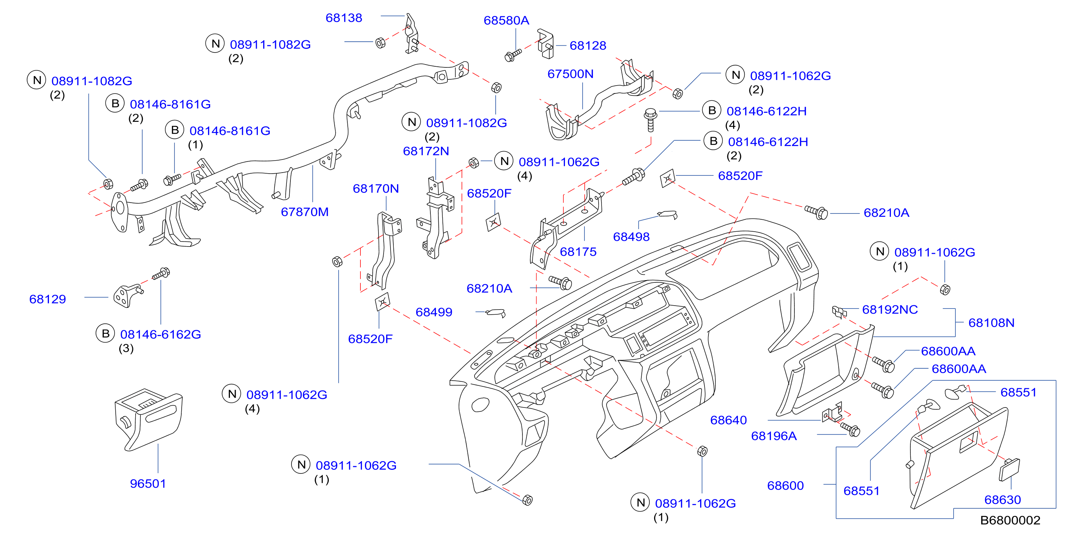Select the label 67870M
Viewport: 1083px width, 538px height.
click(x=305, y=212)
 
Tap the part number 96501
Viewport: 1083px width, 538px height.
click(x=148, y=483)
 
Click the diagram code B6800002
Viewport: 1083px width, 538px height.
click(x=1010, y=520)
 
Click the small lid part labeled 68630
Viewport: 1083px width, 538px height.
click(x=1009, y=469)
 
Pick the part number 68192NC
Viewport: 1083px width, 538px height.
click(x=890, y=310)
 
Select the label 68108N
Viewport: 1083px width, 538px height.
click(x=991, y=323)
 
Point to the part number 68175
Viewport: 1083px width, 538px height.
click(x=578, y=252)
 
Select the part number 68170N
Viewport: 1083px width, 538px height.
click(x=375, y=189)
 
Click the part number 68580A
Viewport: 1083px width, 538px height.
click(x=506, y=21)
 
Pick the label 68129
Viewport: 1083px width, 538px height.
click(x=47, y=299)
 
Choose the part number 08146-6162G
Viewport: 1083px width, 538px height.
click(x=160, y=335)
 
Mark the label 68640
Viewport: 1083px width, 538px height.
click(x=728, y=420)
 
